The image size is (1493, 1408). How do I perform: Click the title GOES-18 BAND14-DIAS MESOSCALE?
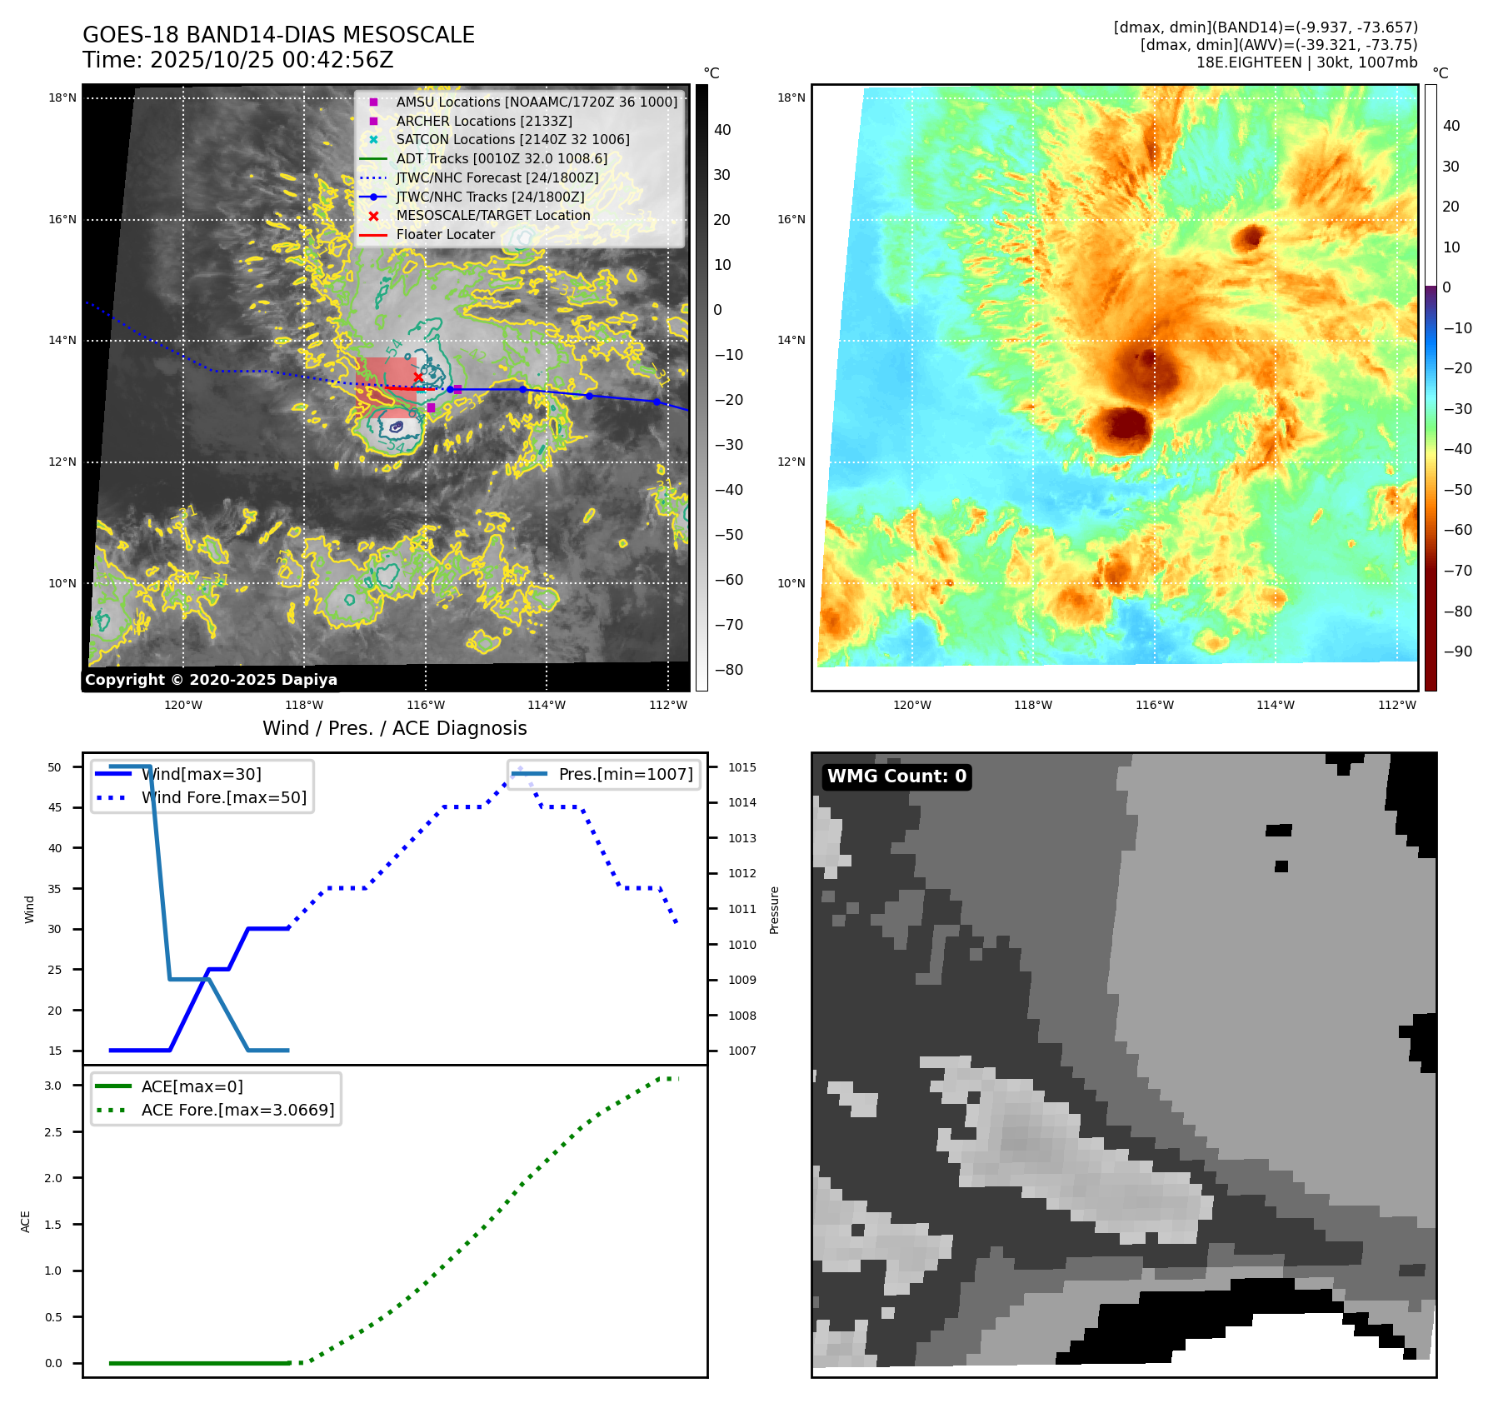pyautogui.click(x=278, y=35)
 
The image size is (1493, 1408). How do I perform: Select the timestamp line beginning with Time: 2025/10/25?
pyautogui.click(x=237, y=60)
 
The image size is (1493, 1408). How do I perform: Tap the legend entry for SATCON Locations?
pyautogui.click(x=512, y=140)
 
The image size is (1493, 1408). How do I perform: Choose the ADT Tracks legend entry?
pyautogui.click(x=502, y=158)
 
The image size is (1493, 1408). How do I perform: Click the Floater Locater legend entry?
pyautogui.click(x=445, y=235)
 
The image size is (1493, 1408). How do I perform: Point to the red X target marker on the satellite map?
pyautogui.click(x=418, y=377)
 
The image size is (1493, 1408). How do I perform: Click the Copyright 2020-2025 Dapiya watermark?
pyautogui.click(x=211, y=680)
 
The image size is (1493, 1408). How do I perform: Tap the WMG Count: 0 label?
pyautogui.click(x=896, y=776)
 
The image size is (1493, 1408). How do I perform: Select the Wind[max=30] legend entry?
pyautogui.click(x=201, y=774)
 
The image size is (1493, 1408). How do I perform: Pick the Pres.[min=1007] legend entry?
pyautogui.click(x=625, y=774)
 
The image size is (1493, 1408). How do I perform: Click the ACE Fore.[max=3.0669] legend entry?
pyautogui.click(x=237, y=1110)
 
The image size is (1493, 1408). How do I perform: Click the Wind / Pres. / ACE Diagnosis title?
pyautogui.click(x=394, y=728)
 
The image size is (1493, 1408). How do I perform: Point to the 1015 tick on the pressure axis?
pyautogui.click(x=742, y=767)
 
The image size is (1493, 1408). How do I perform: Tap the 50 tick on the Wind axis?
pyautogui.click(x=54, y=767)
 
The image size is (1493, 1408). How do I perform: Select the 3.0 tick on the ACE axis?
pyautogui.click(x=53, y=1086)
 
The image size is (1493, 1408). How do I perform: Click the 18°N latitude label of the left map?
pyautogui.click(x=62, y=97)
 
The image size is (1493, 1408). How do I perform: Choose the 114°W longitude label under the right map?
pyautogui.click(x=1276, y=705)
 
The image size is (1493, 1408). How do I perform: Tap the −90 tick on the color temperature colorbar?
pyautogui.click(x=1457, y=652)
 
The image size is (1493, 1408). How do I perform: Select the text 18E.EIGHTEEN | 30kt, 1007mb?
pyautogui.click(x=1306, y=62)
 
